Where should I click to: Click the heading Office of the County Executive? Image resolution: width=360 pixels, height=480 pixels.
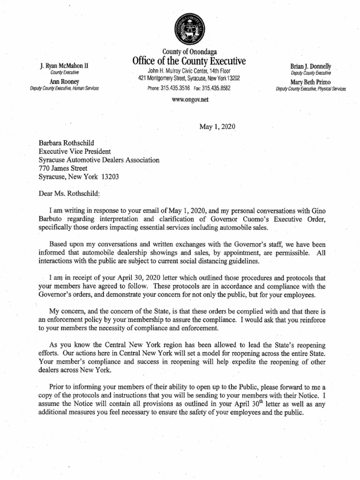(x=189, y=61)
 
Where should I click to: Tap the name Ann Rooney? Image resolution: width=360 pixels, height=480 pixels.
(x=64, y=82)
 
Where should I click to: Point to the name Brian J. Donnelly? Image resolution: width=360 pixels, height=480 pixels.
(x=311, y=66)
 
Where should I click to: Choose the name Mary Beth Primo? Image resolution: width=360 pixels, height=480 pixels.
(x=311, y=82)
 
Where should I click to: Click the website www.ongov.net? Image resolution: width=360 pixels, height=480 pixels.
(x=189, y=100)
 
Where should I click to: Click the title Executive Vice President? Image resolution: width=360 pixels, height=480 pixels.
(x=74, y=151)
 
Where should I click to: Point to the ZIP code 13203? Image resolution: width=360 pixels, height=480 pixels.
(x=111, y=177)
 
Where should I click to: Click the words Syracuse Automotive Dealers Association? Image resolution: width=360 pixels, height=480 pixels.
(x=99, y=160)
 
